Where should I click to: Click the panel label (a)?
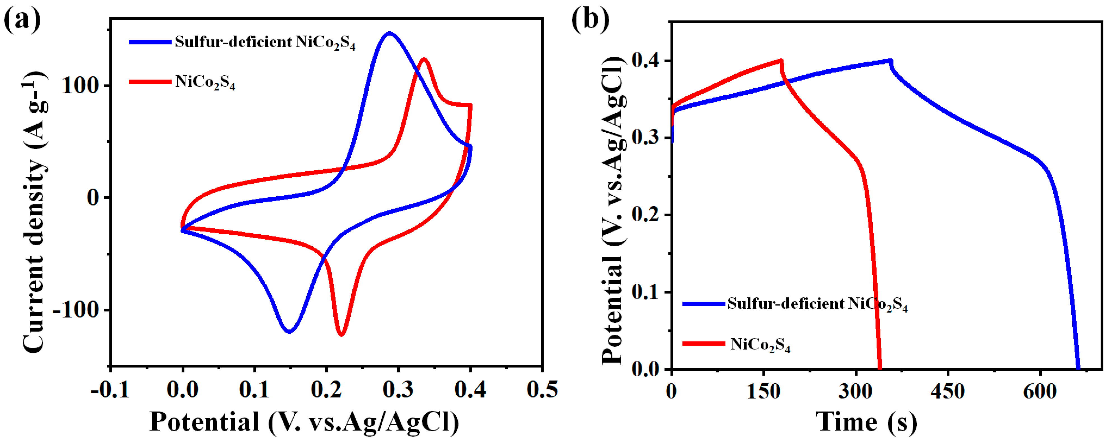coord(22,19)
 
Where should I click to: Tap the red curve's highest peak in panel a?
coord(424,59)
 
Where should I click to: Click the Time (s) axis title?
coord(866,422)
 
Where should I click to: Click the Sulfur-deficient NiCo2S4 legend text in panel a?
coord(265,42)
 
